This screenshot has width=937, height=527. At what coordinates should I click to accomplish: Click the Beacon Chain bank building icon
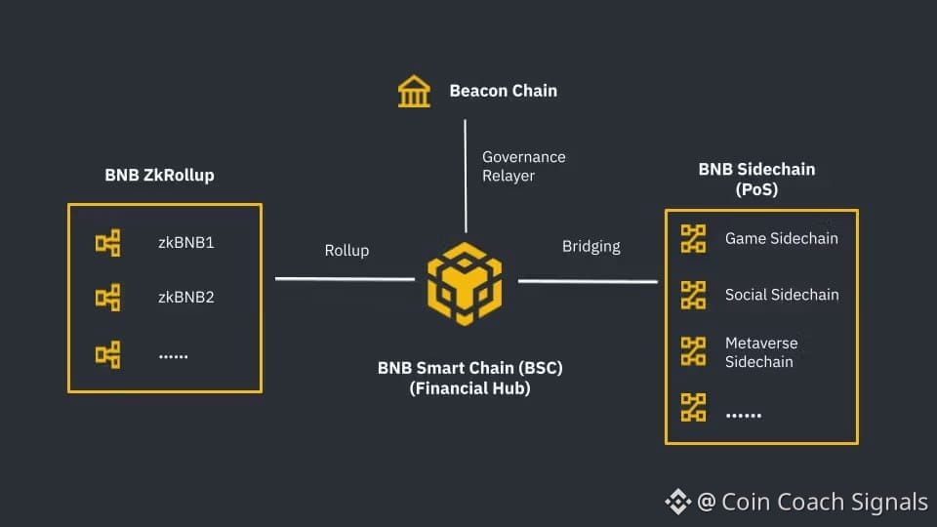coord(414,92)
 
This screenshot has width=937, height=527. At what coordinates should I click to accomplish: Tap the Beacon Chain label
coord(503,91)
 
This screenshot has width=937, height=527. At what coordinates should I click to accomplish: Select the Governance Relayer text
coord(523,166)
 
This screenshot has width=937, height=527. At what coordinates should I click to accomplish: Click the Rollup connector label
coord(346,250)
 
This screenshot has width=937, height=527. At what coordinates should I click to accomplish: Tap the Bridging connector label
coord(591,246)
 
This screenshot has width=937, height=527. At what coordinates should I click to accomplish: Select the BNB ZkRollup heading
coord(159,176)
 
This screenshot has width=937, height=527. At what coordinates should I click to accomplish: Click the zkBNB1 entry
coord(185,242)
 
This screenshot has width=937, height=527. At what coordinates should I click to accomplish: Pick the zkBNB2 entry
coord(185,297)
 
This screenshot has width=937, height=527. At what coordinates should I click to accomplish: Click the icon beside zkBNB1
coord(107,243)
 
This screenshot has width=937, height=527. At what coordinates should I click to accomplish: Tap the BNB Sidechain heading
coord(756,169)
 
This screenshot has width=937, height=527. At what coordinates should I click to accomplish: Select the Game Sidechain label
coord(781,238)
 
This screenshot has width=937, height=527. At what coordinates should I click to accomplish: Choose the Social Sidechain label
coord(781,294)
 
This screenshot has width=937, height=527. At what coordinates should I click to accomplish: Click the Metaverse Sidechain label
coord(761,352)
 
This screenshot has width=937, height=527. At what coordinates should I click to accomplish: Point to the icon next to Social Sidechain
coord(693,294)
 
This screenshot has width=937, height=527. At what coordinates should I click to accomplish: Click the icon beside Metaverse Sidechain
coord(693,351)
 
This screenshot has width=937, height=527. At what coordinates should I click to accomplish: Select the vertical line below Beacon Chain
coord(466,176)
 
